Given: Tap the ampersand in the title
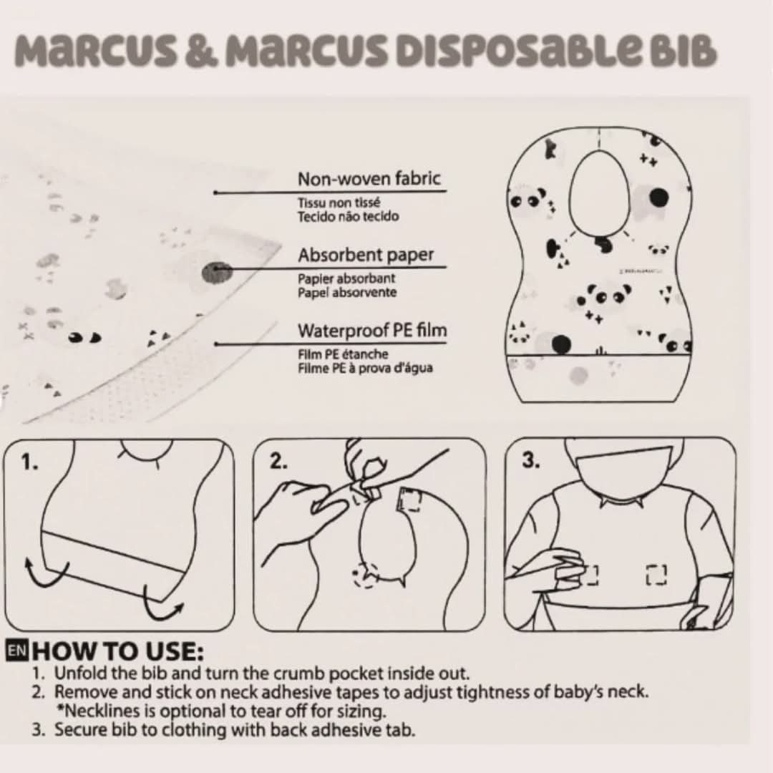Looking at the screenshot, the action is (201, 52).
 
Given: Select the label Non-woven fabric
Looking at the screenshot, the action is (369, 178).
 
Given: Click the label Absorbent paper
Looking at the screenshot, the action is (366, 255).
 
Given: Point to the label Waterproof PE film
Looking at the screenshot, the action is (372, 330).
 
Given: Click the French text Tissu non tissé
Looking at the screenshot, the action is (339, 202).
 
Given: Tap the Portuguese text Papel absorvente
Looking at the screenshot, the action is (347, 292).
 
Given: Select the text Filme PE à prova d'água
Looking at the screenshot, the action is (365, 368).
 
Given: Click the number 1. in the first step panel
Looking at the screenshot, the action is (29, 462).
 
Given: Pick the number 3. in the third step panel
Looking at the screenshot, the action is (530, 460).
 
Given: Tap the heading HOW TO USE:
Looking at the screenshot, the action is (117, 651).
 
